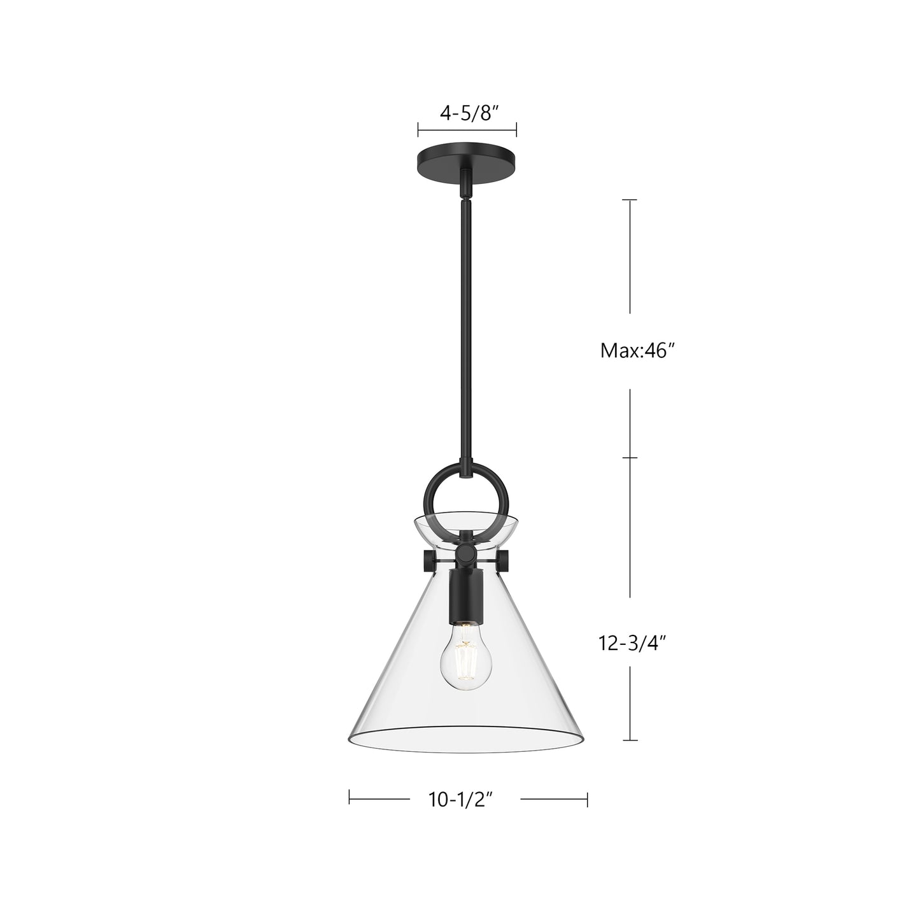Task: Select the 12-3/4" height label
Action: coord(632,644)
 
